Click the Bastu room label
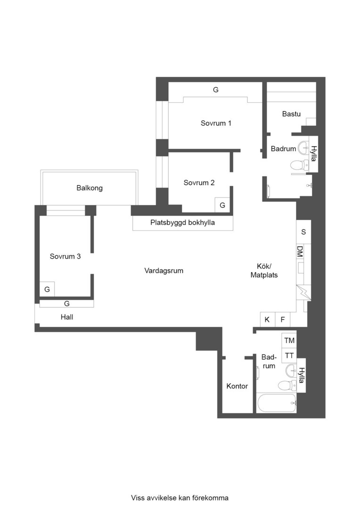291,114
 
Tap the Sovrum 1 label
216,123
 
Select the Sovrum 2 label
199,183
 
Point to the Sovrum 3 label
65,256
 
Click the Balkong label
90,188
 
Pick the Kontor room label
237,386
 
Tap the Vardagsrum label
164,271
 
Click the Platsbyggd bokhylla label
182,222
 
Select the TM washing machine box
289,341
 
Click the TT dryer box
289,355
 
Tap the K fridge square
268,320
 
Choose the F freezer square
282,320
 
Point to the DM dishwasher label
300,252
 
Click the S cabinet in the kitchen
303,232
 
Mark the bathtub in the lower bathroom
277,403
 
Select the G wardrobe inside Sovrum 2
222,205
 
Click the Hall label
67,317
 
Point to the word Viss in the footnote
137,498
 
